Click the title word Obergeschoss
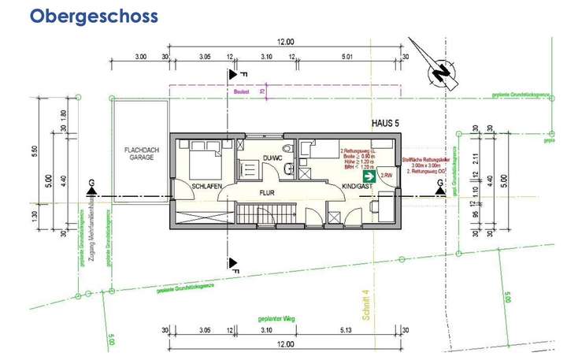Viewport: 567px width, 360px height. (94, 16)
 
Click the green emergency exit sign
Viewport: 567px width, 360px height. (369, 178)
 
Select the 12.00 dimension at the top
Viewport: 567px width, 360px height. (285, 42)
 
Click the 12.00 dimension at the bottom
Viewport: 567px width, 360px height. (285, 344)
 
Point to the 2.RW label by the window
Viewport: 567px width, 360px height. (387, 175)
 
